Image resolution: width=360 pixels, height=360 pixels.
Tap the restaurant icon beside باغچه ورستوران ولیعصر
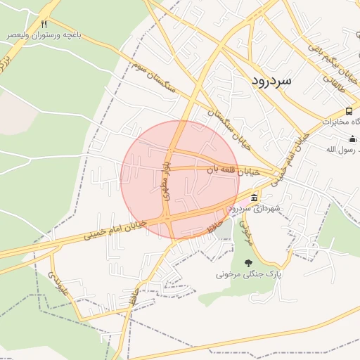coord(45,23)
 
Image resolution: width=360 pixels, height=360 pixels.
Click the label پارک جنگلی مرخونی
coord(247,274)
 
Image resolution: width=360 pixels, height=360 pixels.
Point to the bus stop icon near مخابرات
coord(349,111)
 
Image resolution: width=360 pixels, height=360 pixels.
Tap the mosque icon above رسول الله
coord(353,139)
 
